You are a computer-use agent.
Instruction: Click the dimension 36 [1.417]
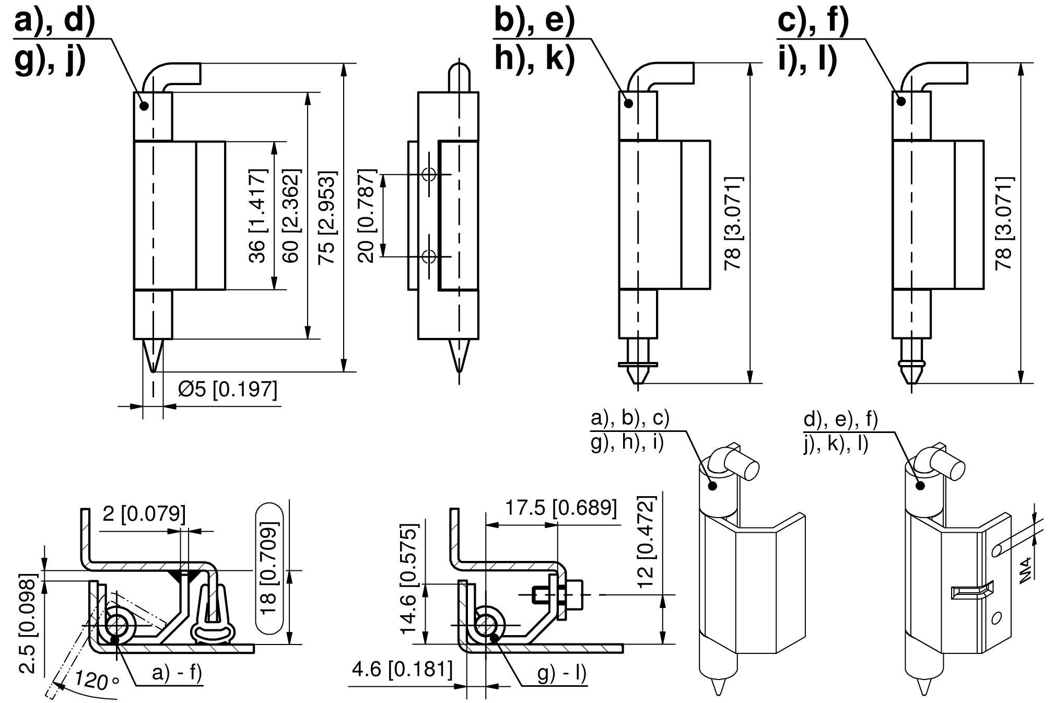[x=257, y=215]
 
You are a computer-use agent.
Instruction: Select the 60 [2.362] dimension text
[x=290, y=215]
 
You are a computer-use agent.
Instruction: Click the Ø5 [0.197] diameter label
[x=227, y=389]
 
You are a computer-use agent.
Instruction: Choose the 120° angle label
[x=97, y=681]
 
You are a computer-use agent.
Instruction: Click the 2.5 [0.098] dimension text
[x=29, y=624]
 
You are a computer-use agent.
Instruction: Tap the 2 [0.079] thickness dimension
[x=144, y=513]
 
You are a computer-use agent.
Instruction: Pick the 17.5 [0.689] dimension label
[x=560, y=508]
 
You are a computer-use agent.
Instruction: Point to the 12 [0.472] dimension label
[x=646, y=543]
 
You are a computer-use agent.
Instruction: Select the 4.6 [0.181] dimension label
[x=402, y=670]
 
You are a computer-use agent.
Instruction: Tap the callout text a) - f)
[x=177, y=674]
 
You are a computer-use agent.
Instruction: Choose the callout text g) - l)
[x=562, y=674]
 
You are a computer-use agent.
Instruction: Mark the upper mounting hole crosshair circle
[x=429, y=174]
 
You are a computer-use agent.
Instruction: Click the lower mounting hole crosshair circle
[x=429, y=256]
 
